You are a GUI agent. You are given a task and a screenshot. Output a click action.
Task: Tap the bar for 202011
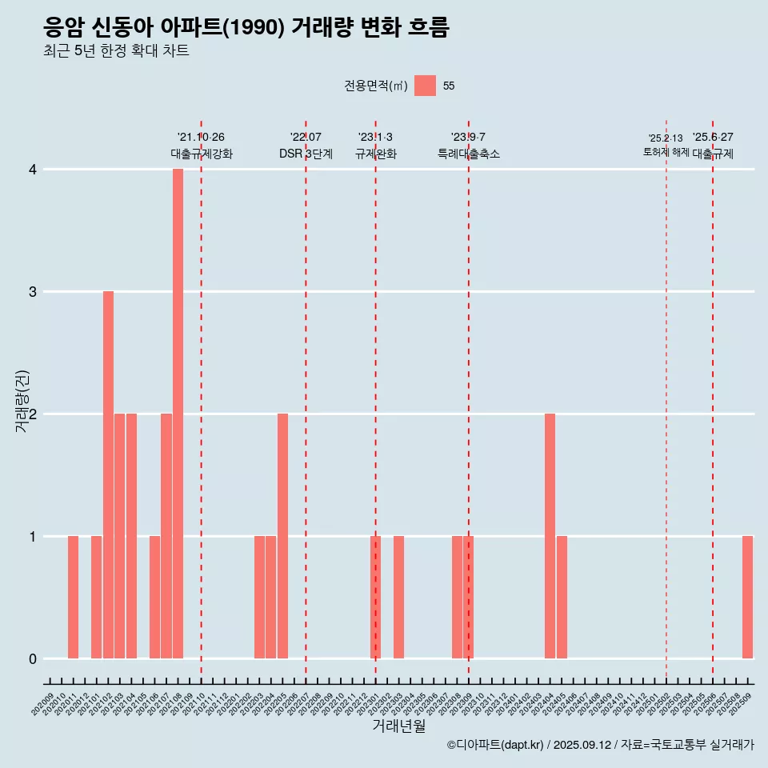pyautogui.click(x=73, y=597)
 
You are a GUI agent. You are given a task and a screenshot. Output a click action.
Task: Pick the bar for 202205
pyautogui.click(x=282, y=536)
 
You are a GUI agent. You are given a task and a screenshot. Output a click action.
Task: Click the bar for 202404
pyautogui.click(x=550, y=536)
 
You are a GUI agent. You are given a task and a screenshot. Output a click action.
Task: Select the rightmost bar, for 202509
pyautogui.click(x=747, y=597)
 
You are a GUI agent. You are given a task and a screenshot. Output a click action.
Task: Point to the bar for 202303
pyautogui.click(x=398, y=597)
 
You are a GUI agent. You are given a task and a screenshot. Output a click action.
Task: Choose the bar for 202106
pyautogui.click(x=154, y=597)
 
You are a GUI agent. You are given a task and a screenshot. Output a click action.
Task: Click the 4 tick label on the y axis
pyautogui.click(x=33, y=170)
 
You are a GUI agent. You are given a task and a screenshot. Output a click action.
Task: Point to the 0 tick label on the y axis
pyautogui.click(x=33, y=659)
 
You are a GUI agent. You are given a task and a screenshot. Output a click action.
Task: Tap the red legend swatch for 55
pyautogui.click(x=425, y=86)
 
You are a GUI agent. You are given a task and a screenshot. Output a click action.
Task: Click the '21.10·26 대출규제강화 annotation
pyautogui.click(x=201, y=146)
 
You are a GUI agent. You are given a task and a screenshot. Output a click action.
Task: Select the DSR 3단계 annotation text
pyautogui.click(x=306, y=154)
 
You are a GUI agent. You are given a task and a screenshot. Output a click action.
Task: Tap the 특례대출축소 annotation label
pyautogui.click(x=469, y=154)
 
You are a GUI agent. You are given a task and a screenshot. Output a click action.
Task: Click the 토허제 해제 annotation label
pyautogui.click(x=666, y=151)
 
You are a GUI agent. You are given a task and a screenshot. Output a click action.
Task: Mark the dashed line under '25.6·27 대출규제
pyautogui.click(x=713, y=400)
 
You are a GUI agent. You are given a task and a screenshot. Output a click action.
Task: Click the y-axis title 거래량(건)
pyautogui.click(x=22, y=400)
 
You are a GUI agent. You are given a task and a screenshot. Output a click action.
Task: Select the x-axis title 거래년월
pyautogui.click(x=398, y=726)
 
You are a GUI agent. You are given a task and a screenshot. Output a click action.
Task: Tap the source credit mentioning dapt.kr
pyautogui.click(x=600, y=745)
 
